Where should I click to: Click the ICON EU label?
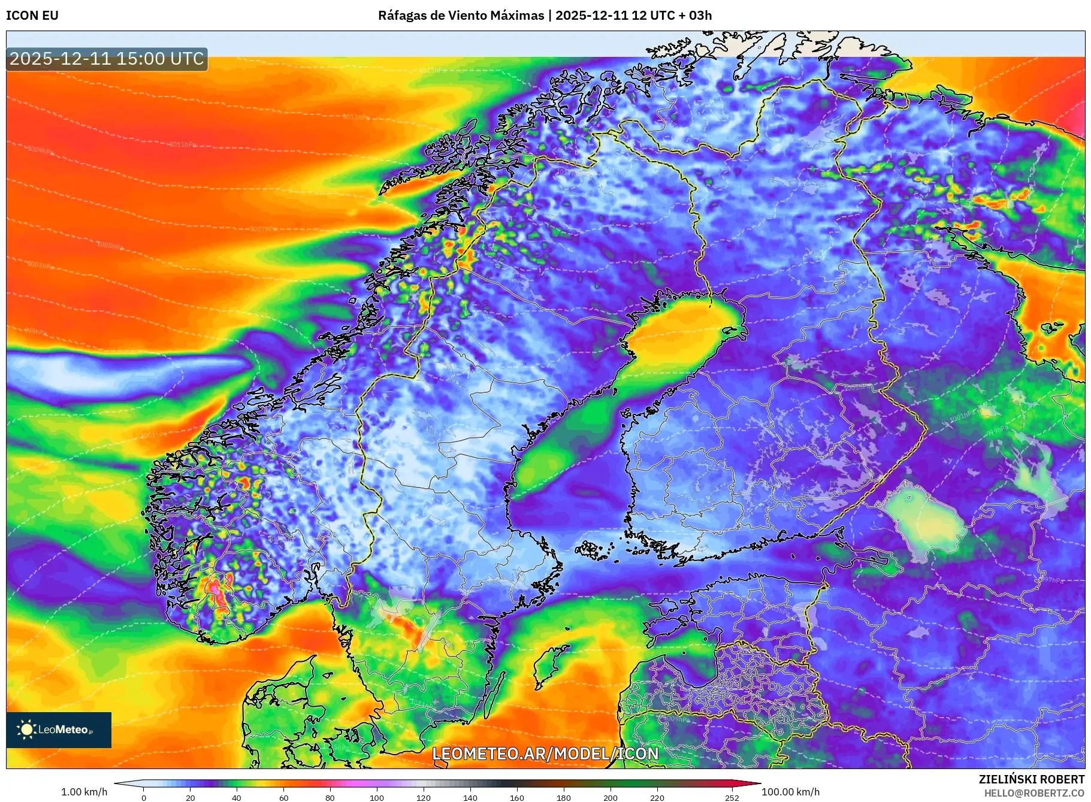coord(32,16)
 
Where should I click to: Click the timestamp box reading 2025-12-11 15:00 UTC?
coord(107,59)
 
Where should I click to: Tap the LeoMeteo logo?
coord(59,730)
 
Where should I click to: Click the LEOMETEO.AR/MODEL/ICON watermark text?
coord(545,753)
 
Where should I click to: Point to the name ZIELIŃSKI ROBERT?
coord(1031,779)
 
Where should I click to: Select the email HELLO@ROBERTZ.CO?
coord(1034,793)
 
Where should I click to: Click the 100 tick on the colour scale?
coord(377,797)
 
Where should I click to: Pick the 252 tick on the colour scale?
coord(732,797)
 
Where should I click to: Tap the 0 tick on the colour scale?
coord(144,797)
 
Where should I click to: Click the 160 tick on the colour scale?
coord(517,797)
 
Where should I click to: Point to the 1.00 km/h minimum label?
coord(84,792)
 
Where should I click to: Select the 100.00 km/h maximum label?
coord(790,792)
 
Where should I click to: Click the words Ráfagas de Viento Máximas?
coord(461,16)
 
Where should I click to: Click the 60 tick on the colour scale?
coord(283,797)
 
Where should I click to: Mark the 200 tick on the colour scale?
coord(611,797)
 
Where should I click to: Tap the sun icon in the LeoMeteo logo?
coord(26,730)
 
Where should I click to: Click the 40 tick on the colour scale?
coord(237,797)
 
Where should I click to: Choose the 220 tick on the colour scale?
coord(657,797)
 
